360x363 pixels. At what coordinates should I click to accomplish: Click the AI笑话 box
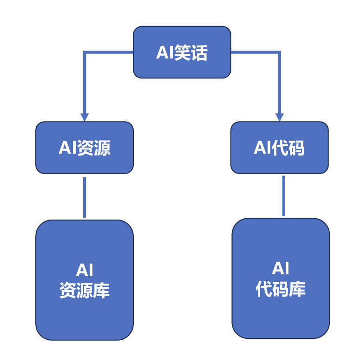(x=182, y=52)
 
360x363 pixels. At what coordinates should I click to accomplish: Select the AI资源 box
(x=85, y=148)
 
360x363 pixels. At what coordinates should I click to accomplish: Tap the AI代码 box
(x=280, y=148)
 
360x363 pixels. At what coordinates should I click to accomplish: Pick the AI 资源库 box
(x=85, y=280)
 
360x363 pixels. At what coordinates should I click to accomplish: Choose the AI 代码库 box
(x=281, y=279)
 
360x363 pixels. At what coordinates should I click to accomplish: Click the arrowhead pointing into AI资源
(x=85, y=117)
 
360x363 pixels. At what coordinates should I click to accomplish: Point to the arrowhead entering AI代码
(x=280, y=117)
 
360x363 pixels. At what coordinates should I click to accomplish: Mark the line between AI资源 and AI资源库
(x=85, y=197)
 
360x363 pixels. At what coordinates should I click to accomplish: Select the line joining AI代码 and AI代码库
(x=283, y=195)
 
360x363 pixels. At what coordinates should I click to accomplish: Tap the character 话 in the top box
(x=199, y=52)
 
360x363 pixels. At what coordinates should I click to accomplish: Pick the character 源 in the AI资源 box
(x=102, y=148)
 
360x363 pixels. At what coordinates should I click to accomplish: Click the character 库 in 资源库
(x=101, y=291)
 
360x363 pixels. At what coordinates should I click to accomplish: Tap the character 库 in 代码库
(x=297, y=289)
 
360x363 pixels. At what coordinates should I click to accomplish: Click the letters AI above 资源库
(x=85, y=271)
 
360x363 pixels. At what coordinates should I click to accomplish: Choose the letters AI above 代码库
(x=281, y=269)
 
